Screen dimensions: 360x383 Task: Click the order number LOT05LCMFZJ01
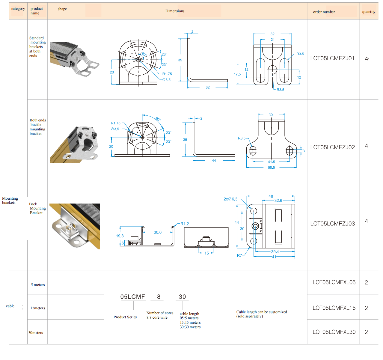point(332,58)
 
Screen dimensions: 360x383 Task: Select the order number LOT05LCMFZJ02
point(332,147)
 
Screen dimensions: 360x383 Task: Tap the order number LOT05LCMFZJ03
point(332,224)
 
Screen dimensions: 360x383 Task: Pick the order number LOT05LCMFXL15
point(334,308)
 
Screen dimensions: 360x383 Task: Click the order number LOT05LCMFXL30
point(334,332)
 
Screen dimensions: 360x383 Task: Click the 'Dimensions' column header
point(175,11)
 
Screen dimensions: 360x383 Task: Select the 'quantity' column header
point(369,12)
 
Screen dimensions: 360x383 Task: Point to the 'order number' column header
point(324,12)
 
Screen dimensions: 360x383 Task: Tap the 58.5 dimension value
point(271,168)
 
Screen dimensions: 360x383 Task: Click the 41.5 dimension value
point(271,162)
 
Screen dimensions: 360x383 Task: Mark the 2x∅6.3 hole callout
point(230,199)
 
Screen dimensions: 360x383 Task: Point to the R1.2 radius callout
point(185,224)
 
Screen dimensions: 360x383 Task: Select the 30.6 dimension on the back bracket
point(158,232)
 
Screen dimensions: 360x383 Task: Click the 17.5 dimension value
point(237,74)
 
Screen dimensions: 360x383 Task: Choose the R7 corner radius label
point(239,255)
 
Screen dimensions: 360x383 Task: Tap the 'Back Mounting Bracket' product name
point(37,208)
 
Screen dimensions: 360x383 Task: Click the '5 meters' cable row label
point(38,285)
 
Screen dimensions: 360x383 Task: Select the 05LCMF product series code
point(132,297)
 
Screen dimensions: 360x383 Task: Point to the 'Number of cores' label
point(160,313)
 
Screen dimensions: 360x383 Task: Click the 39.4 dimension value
point(275,252)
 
